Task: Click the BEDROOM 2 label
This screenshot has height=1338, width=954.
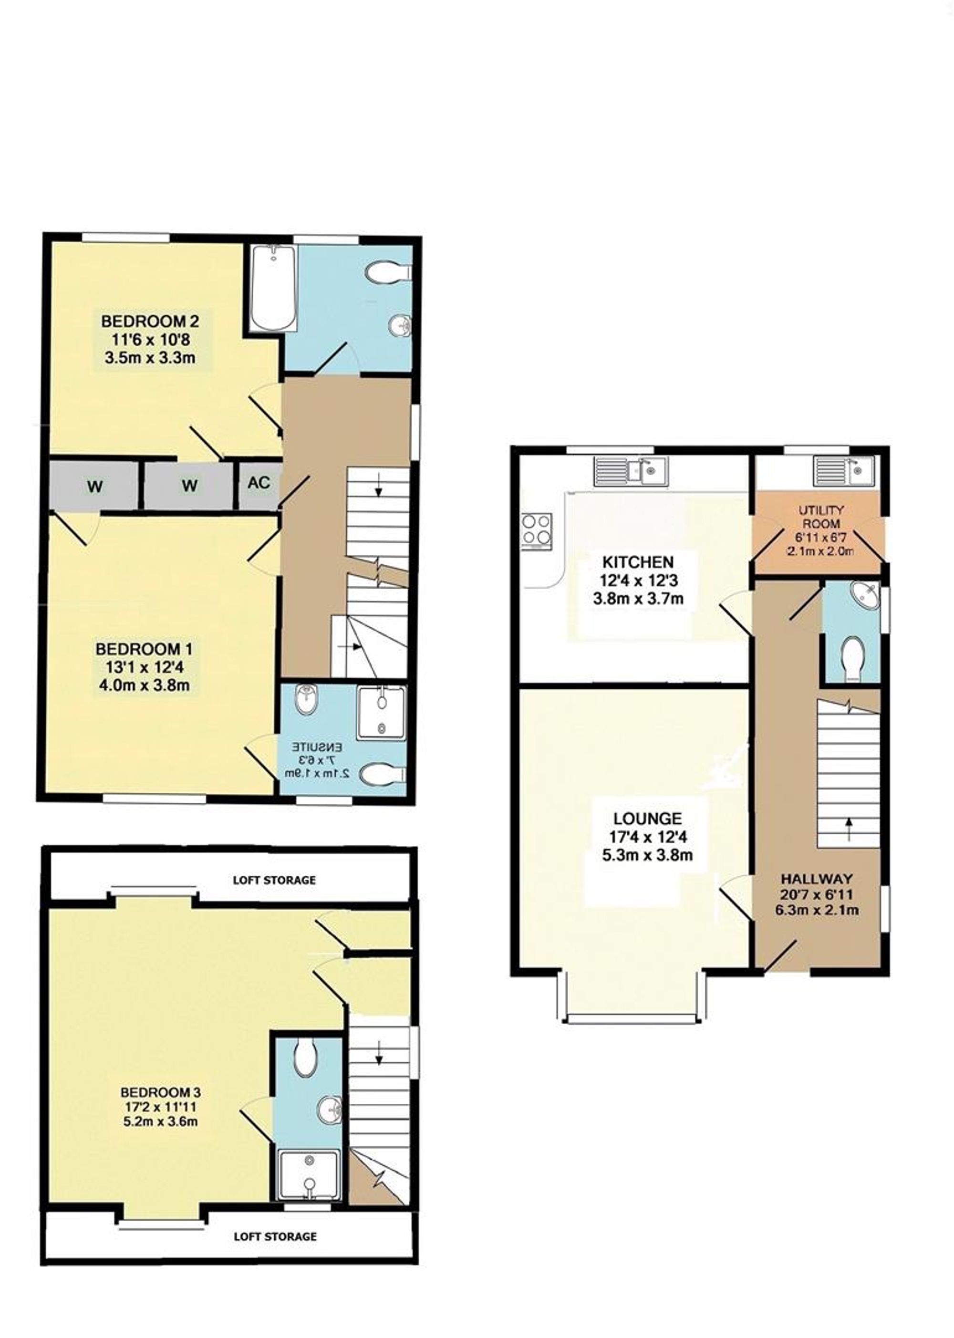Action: pyautogui.click(x=150, y=322)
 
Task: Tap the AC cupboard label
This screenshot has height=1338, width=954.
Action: pyautogui.click(x=259, y=483)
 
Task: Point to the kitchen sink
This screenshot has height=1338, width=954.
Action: pyautogui.click(x=630, y=471)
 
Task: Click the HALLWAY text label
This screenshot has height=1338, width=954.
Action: pyautogui.click(x=816, y=879)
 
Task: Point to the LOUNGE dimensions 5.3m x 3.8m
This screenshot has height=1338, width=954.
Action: pyautogui.click(x=647, y=855)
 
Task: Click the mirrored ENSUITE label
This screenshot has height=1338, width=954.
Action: pyautogui.click(x=318, y=748)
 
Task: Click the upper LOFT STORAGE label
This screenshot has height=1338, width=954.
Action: pyautogui.click(x=274, y=880)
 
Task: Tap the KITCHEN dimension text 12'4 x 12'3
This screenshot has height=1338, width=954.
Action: pyautogui.click(x=639, y=581)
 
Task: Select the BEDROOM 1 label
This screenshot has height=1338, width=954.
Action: pyautogui.click(x=144, y=649)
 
